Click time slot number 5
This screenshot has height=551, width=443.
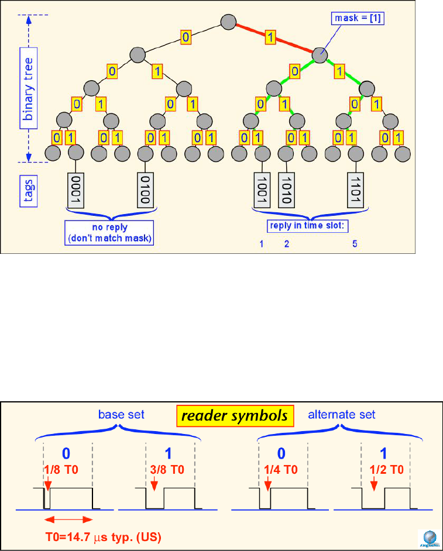tap(355, 244)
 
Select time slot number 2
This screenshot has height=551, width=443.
tap(287, 244)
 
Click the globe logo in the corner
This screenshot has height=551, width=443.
tap(429, 537)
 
